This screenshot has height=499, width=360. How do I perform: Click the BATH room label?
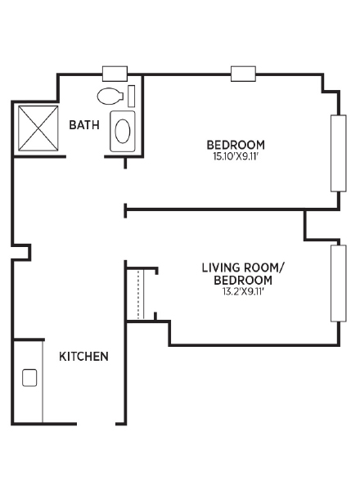click(84, 124)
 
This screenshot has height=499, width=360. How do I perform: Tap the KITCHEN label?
click(83, 356)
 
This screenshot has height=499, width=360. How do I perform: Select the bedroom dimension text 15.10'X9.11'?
click(236, 156)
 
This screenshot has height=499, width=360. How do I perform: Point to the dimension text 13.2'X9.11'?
click(244, 292)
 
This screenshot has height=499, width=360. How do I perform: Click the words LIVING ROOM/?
click(242, 267)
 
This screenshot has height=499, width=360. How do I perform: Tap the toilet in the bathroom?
click(110, 96)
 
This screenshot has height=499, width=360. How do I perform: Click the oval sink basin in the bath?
click(123, 131)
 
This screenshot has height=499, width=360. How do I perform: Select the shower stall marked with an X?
click(38, 128)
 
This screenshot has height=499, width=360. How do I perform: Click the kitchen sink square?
click(29, 378)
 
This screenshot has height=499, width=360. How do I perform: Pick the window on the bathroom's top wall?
click(115, 74)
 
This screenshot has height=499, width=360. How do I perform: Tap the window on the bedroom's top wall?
click(243, 74)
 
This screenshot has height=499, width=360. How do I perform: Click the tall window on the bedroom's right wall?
click(339, 153)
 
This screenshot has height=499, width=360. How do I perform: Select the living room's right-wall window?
click(339, 283)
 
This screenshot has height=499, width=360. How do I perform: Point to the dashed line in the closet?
click(138, 295)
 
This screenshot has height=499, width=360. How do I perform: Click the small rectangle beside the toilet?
click(131, 96)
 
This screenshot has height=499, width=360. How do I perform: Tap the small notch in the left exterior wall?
click(21, 253)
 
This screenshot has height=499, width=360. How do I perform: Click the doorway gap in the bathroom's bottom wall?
click(85, 156)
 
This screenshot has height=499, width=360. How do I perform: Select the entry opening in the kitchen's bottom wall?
click(96, 424)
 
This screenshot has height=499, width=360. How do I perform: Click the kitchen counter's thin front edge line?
click(43, 382)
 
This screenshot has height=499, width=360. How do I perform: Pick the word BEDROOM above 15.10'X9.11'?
click(236, 145)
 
